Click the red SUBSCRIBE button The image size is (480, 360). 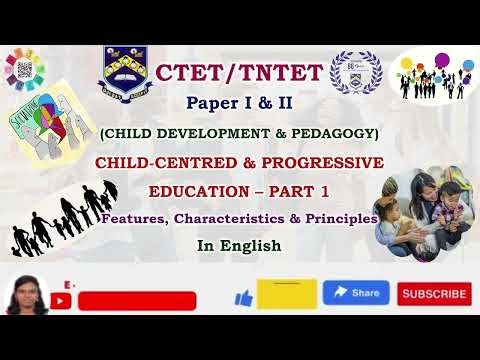pyautogui.click(x=434, y=294)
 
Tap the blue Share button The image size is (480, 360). pyautogui.click(x=356, y=292)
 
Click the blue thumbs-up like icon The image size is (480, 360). pyautogui.click(x=243, y=297)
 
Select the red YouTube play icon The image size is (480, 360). pyautogui.click(x=66, y=300)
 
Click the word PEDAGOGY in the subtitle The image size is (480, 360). pyautogui.click(x=331, y=133)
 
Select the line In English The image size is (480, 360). pyautogui.click(x=238, y=244)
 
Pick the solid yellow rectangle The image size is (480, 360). pyautogui.click(x=287, y=294)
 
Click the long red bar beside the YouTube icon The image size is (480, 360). pyautogui.click(x=136, y=301)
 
